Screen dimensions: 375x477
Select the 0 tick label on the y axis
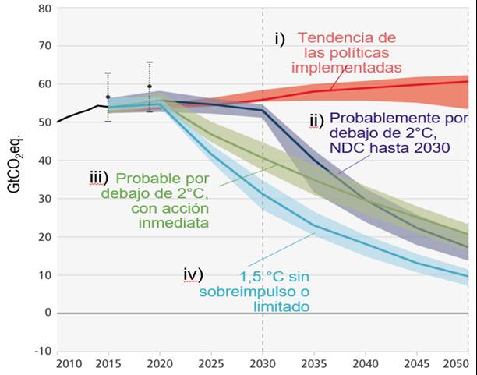47,313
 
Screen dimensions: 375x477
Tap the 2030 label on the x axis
262,364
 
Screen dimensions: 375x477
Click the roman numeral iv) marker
192,274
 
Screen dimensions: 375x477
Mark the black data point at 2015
108,97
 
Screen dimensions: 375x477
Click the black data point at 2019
149,87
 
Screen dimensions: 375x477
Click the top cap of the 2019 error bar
149,62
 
